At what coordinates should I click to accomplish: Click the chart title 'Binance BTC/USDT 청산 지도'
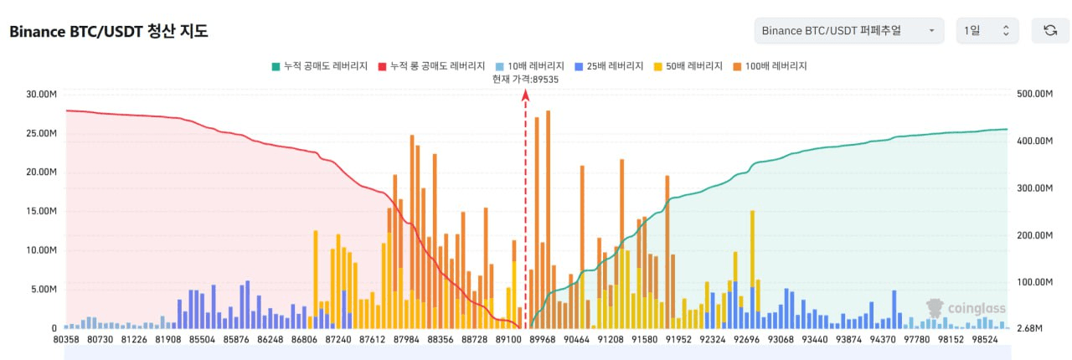[x=108, y=32]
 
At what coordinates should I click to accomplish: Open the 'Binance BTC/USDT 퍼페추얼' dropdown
[x=848, y=31]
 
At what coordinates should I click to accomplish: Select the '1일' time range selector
[x=987, y=31]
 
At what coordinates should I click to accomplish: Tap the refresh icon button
[x=1049, y=31]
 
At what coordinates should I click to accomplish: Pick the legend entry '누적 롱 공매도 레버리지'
[x=431, y=65]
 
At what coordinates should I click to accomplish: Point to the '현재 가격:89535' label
[x=525, y=79]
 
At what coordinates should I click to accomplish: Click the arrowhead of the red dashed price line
[x=525, y=95]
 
